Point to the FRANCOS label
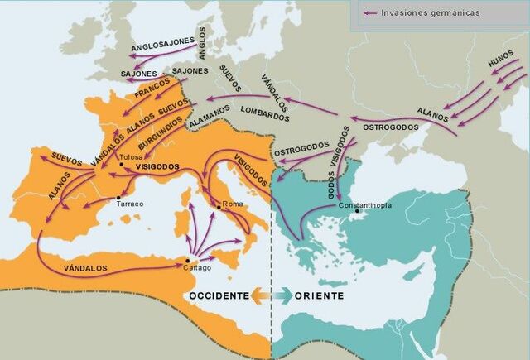pos(152,94)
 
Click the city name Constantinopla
pos(364,204)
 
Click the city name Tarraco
pos(131,203)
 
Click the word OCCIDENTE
pos(219,295)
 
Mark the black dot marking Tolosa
pos(122,165)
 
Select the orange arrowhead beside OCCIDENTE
pos(258,295)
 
